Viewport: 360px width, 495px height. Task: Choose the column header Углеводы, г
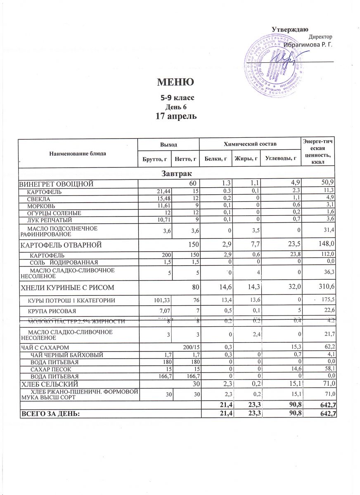coord(281,158)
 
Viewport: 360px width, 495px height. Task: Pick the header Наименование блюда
coord(78,153)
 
